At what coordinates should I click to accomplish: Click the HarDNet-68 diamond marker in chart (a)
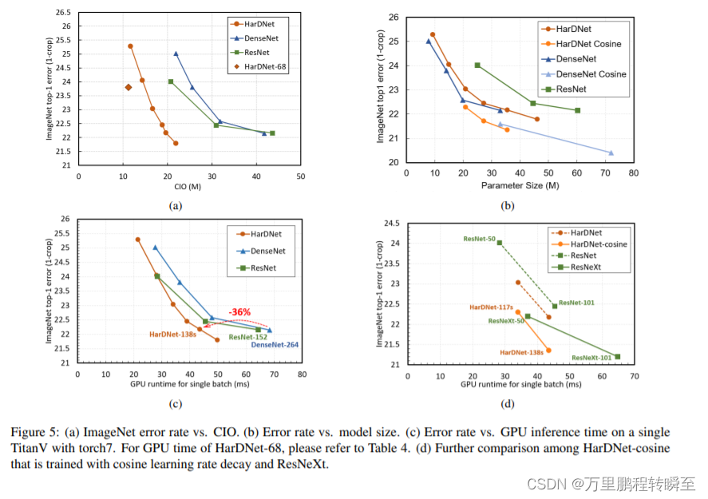click(x=129, y=87)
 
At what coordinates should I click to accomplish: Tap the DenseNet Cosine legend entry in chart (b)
click(x=591, y=73)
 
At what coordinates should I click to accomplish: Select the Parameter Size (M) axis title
click(x=520, y=185)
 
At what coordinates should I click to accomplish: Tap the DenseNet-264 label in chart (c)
click(x=275, y=344)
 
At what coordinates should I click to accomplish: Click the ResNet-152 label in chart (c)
click(x=248, y=337)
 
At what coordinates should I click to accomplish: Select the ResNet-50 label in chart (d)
click(x=479, y=239)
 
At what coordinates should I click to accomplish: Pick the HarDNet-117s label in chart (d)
click(x=489, y=307)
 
